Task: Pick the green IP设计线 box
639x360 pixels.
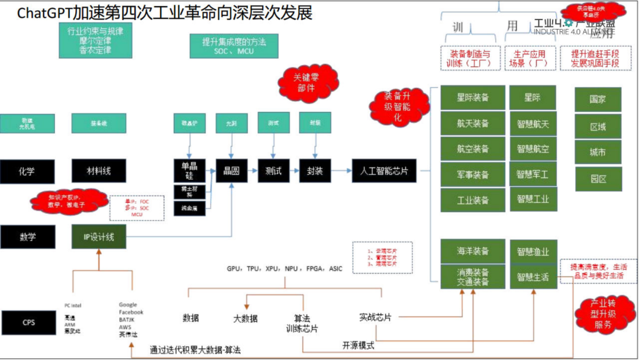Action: coord(99,237)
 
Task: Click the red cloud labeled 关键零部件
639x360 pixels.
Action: coord(308,83)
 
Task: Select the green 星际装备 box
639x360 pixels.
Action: coord(473,98)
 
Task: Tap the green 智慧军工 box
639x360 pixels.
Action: coord(532,174)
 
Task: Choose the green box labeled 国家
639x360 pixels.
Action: coord(598,99)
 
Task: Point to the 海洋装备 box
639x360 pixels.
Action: coord(473,251)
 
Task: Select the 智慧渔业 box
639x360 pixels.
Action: coord(532,251)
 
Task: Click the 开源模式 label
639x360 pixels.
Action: coord(358,345)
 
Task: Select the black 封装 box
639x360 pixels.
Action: coord(314,171)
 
